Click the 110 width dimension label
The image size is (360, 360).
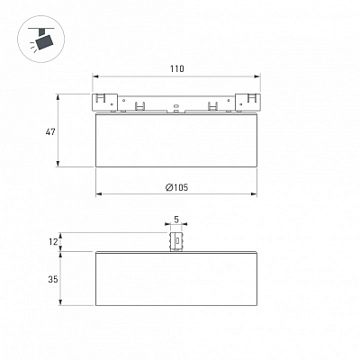(177, 68)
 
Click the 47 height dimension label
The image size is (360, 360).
(50, 131)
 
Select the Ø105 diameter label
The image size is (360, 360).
(177, 187)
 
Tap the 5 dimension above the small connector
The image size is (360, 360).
(176, 220)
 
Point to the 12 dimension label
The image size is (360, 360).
(53, 242)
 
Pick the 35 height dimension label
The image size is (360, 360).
(53, 279)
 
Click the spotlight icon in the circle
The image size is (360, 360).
(41, 40)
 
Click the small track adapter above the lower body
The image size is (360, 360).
(176, 241)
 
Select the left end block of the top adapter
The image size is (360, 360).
(104, 103)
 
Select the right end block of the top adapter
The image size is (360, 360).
(247, 103)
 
